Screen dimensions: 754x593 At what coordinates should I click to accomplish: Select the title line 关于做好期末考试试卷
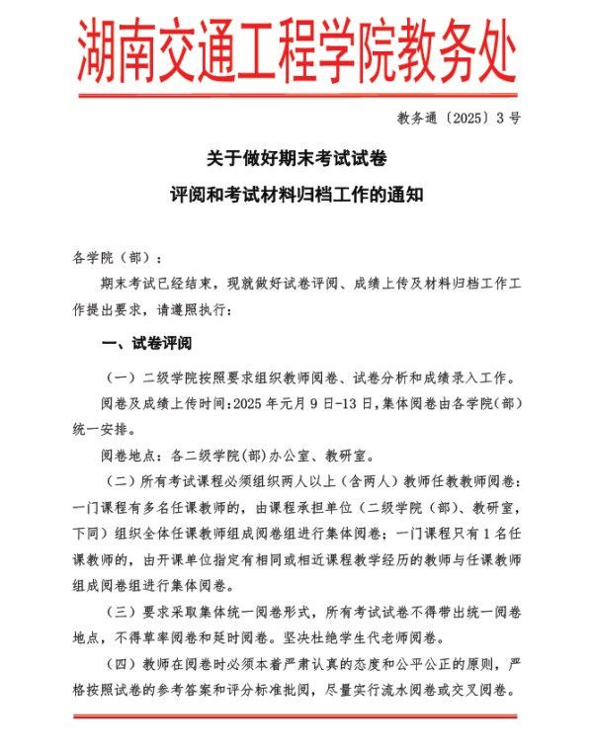(x=296, y=157)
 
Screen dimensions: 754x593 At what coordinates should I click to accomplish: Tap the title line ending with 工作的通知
(x=296, y=196)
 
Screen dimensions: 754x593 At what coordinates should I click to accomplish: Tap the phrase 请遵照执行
(x=194, y=309)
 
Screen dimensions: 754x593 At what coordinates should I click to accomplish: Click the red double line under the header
(x=296, y=95)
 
